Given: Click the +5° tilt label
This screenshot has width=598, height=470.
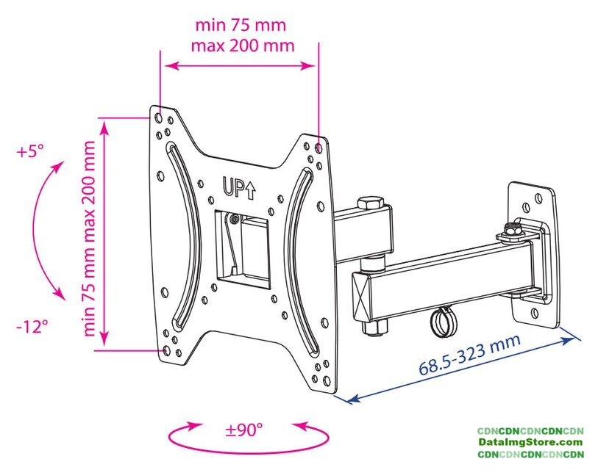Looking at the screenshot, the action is click(x=30, y=151).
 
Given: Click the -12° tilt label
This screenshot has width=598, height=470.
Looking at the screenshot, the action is click(x=32, y=326).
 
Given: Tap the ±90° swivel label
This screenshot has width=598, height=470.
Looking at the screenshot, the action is click(x=244, y=430).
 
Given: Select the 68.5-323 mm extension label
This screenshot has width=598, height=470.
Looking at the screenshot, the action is click(x=470, y=355).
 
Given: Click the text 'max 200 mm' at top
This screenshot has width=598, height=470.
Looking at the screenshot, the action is click(x=243, y=46).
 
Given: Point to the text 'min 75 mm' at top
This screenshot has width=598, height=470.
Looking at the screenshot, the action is click(x=241, y=25).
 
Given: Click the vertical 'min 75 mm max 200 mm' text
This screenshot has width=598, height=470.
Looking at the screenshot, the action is click(x=89, y=239).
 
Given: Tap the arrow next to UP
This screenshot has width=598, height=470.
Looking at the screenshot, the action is click(x=250, y=190).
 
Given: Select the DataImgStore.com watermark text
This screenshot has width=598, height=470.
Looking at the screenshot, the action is click(x=531, y=443).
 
